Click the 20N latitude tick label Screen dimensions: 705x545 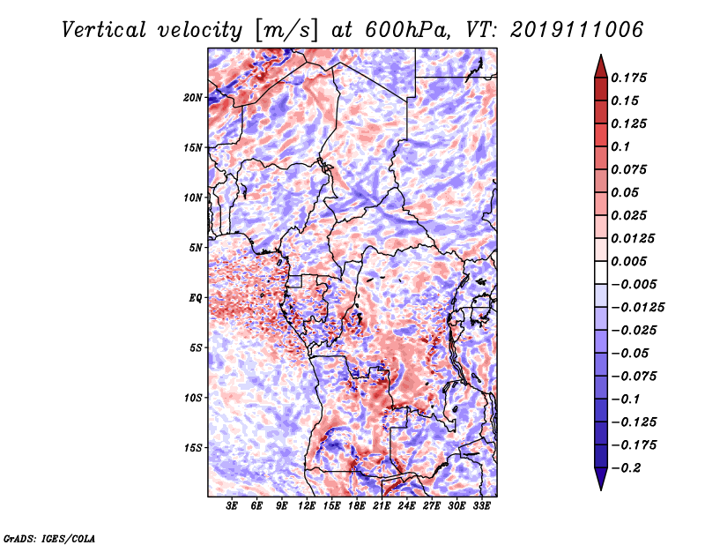(x=193, y=98)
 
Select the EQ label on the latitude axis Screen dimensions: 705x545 (x=196, y=298)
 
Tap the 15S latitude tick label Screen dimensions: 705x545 (x=193, y=448)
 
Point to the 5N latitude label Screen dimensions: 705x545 (x=196, y=248)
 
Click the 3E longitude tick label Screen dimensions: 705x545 (x=232, y=506)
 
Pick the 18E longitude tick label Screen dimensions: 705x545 (x=357, y=506)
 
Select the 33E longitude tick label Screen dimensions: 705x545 (x=481, y=506)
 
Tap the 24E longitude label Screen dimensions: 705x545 (x=406, y=506)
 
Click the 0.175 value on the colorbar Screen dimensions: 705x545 (x=628, y=78)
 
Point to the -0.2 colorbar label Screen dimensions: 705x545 (x=626, y=468)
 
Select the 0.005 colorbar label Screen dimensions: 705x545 (x=628, y=261)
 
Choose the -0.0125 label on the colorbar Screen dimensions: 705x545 (x=637, y=308)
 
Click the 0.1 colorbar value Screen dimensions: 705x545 (x=620, y=146)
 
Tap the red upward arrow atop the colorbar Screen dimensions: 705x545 (x=601, y=66)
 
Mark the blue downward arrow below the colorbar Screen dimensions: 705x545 (x=601, y=479)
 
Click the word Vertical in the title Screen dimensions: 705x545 (x=104, y=30)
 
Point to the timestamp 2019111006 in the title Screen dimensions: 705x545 (x=577, y=30)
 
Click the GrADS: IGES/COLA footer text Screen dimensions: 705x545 (x=49, y=538)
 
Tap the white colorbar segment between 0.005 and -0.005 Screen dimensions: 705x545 (x=601, y=272)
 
